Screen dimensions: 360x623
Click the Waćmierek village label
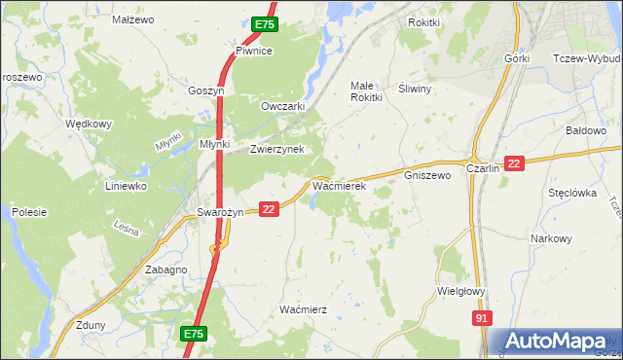[x=338, y=183]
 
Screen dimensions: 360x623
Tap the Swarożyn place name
[x=220, y=212]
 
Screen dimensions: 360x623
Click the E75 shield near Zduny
[x=194, y=334]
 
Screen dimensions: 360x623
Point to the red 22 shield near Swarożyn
[x=271, y=208]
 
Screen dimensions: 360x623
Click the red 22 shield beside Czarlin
[x=515, y=165]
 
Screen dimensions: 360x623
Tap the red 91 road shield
[x=484, y=318]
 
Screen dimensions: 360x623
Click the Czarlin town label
[x=483, y=167]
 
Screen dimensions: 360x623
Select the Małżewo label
[x=133, y=18]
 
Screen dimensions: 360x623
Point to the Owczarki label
[x=283, y=106]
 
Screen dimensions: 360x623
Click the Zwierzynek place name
[x=277, y=149]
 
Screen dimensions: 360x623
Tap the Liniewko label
[x=126, y=185]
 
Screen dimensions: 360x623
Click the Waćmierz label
[x=303, y=308]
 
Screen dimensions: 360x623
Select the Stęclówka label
[x=571, y=193]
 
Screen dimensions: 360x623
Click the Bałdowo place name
[x=587, y=129]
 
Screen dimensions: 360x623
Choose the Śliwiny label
[x=416, y=88]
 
